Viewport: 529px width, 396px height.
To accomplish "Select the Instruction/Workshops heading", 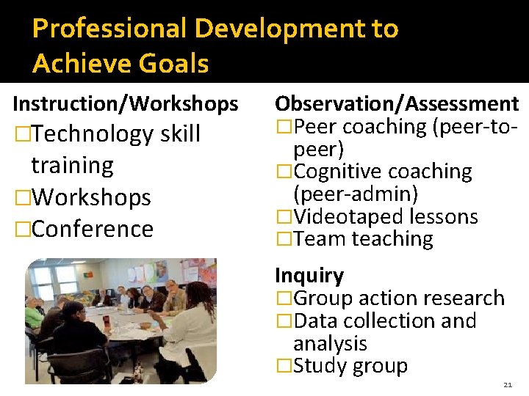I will tap(126, 104).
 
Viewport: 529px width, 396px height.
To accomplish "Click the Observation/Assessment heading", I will tap(397, 104).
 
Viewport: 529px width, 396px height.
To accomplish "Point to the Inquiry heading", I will tap(309, 276).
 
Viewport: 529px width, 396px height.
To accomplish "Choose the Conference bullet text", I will tap(93, 229).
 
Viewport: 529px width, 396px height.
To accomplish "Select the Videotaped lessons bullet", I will tap(385, 217).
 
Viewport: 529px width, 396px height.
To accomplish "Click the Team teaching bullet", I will tap(363, 239).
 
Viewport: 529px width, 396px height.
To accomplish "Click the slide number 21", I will tap(508, 385).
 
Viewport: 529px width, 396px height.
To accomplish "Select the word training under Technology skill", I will tap(72, 166).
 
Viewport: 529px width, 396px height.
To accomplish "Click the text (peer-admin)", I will tap(356, 194).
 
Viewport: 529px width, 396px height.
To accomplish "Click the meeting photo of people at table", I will tap(121, 320).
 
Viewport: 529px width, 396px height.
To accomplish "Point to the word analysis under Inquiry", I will tap(330, 343).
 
